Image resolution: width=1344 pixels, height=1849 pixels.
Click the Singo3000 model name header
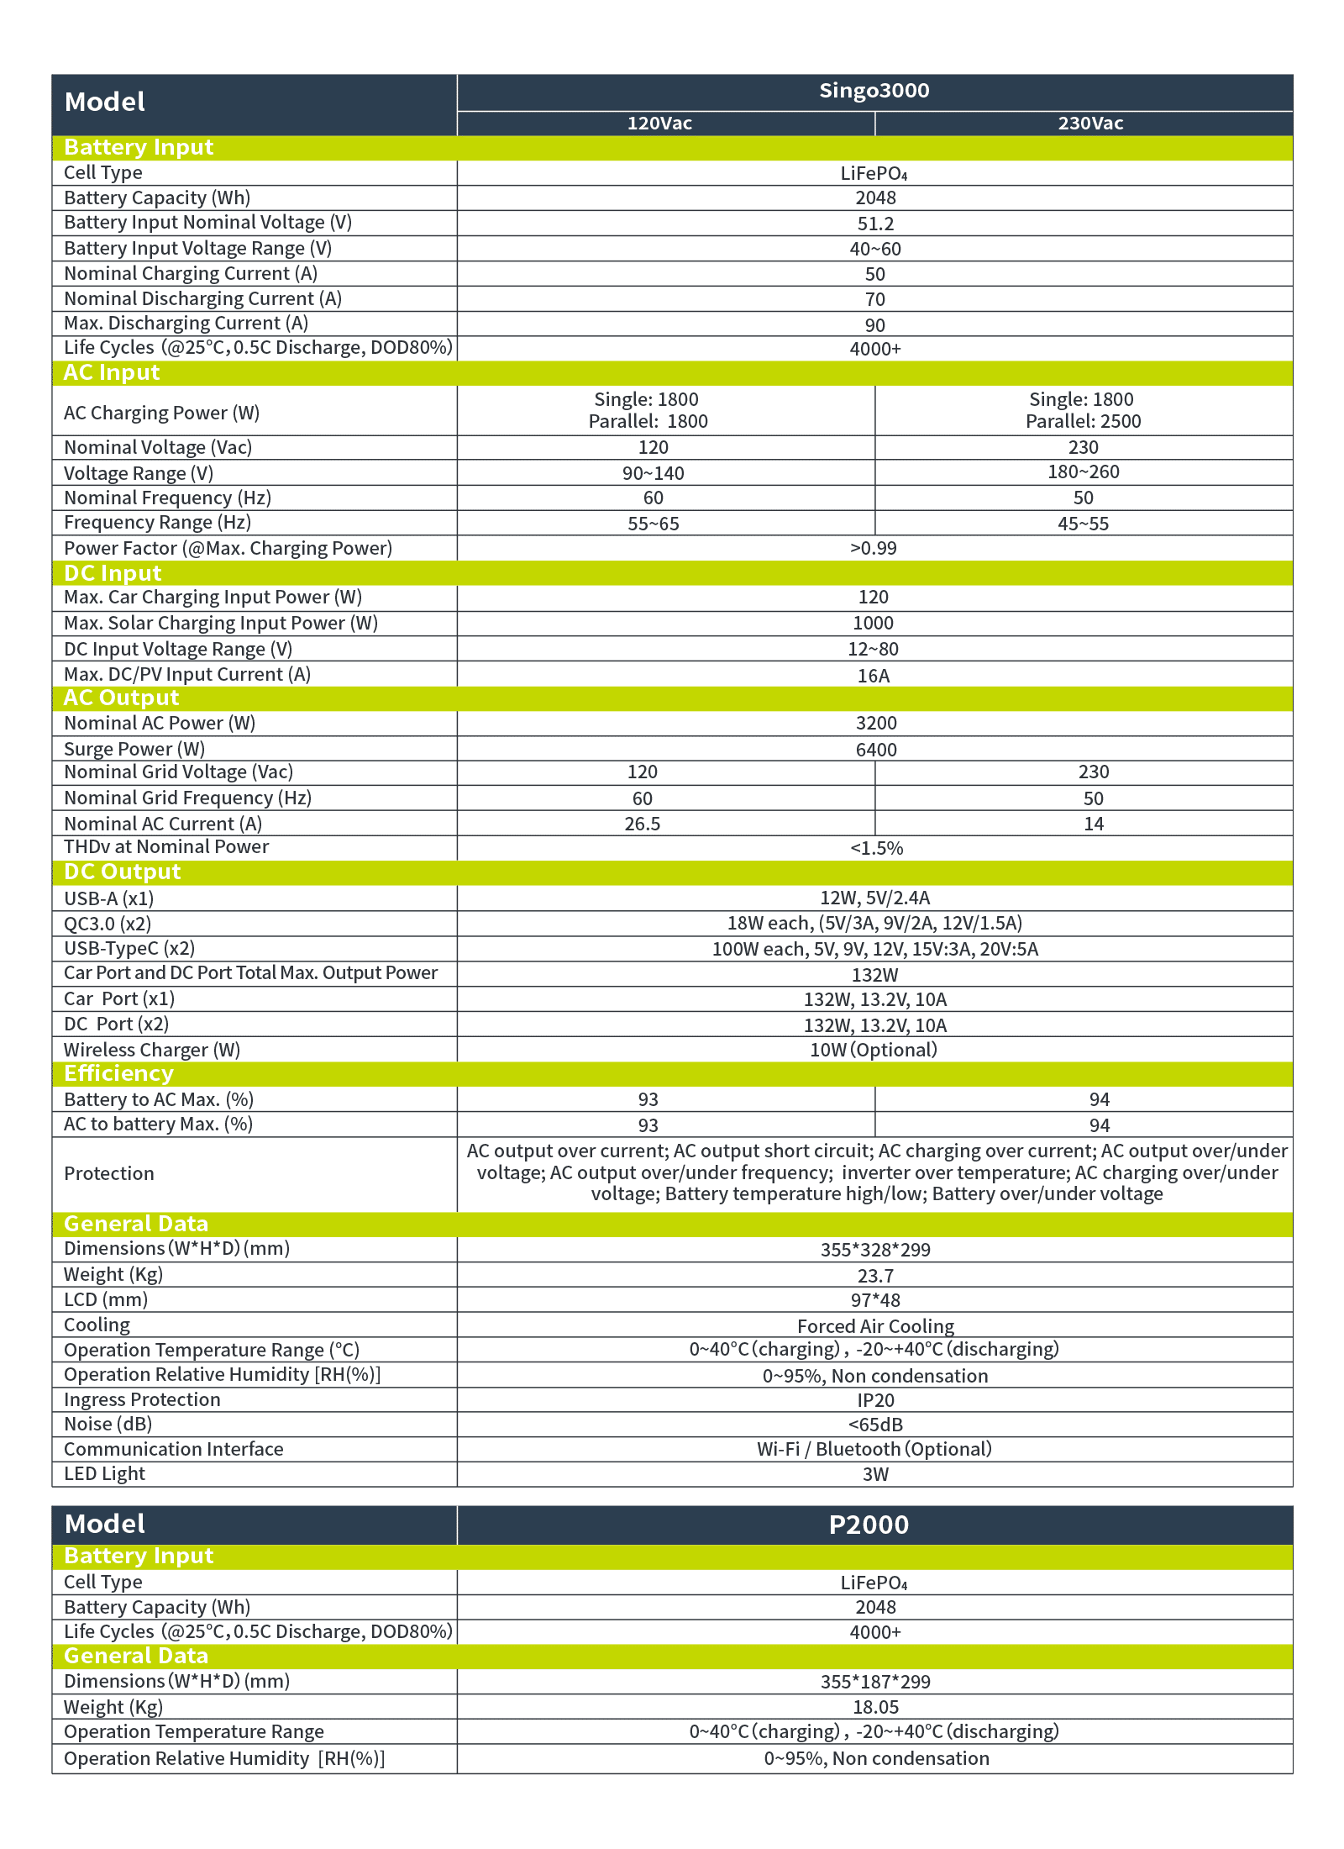(874, 91)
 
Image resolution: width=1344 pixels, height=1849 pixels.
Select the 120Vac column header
(659, 124)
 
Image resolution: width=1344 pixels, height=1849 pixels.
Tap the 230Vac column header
(1090, 124)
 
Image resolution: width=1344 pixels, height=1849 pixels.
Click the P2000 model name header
(869, 1525)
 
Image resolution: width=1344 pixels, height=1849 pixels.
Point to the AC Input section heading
(112, 372)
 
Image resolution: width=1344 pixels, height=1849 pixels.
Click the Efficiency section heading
(118, 1073)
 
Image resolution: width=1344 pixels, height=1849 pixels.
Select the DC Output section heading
(122, 872)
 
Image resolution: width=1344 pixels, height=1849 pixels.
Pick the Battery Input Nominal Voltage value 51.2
(875, 224)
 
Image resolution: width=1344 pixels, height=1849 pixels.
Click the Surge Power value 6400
(875, 750)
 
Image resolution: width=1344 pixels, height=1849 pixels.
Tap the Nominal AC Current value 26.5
(642, 824)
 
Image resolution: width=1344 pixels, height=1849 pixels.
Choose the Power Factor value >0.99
(874, 548)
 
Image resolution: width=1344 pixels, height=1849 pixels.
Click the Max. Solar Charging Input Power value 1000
(873, 623)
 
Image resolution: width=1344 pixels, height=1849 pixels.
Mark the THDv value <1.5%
(876, 848)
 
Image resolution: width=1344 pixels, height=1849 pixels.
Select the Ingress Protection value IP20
(875, 1400)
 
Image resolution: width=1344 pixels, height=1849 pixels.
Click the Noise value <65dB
(875, 1425)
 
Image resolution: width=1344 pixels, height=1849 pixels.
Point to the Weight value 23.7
(875, 1276)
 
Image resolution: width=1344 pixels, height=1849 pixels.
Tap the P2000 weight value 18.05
(875, 1707)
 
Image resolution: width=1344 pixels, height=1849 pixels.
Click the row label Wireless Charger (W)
(152, 1050)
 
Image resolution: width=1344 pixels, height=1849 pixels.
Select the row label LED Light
(104, 1473)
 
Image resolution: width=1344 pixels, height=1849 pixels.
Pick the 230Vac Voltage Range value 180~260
(1083, 471)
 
